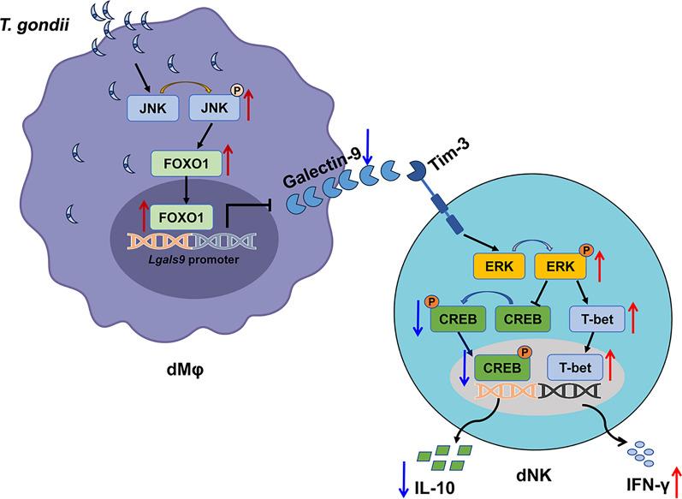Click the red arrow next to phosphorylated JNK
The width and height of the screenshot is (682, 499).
click(248, 104)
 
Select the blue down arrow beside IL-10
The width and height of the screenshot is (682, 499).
click(403, 484)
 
